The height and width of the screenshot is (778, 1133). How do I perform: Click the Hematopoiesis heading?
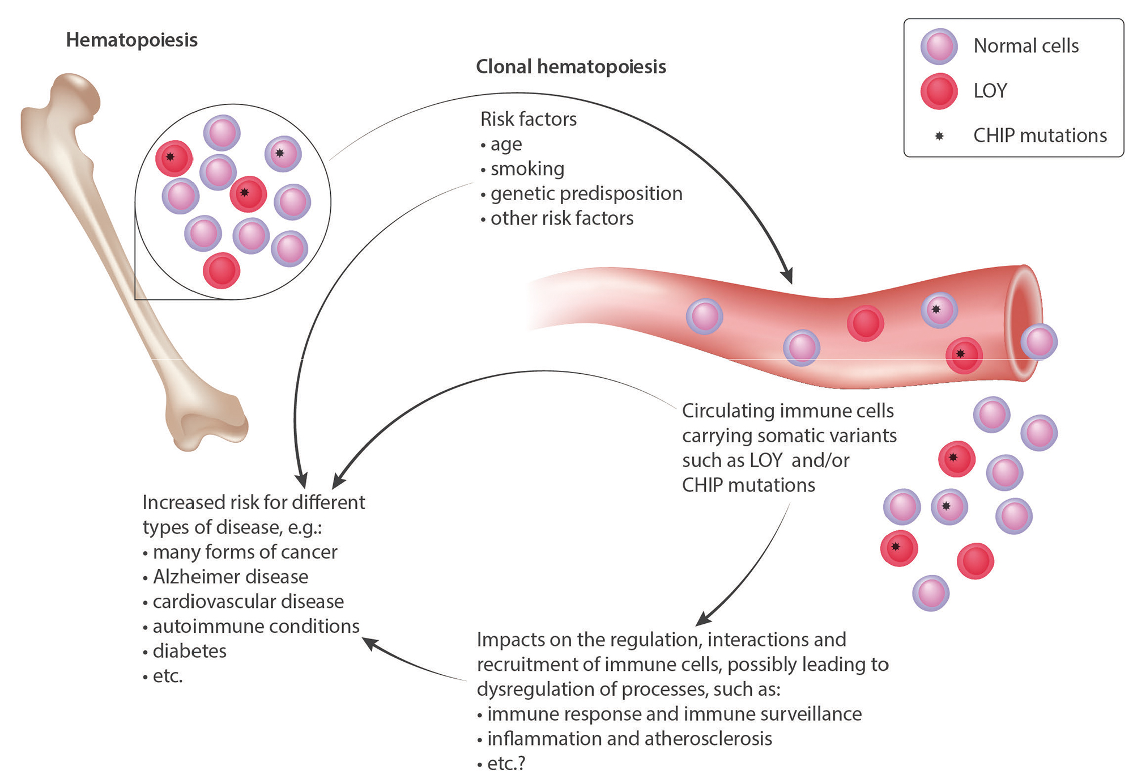coord(131,40)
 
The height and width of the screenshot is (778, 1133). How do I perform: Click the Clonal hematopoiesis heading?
coord(570,67)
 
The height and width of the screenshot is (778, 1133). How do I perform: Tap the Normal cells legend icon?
coord(939,46)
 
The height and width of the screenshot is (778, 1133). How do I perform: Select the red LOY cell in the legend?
coord(939,91)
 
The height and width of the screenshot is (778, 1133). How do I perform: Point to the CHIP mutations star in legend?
coord(939,136)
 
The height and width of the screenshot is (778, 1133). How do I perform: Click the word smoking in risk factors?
coord(527,169)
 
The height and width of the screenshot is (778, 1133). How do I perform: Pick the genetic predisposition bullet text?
coord(586,194)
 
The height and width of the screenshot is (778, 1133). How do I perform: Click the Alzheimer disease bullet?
coord(231,577)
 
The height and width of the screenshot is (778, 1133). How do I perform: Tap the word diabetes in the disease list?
coord(189,651)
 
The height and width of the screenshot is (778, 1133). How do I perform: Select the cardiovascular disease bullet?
coord(248,602)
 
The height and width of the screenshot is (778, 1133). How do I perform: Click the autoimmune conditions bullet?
coord(256,626)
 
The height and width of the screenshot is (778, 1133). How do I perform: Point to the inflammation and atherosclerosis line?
coord(629,739)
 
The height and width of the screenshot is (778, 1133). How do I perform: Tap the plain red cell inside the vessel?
coord(865,323)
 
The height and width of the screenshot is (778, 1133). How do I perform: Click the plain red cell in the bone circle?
coord(222,270)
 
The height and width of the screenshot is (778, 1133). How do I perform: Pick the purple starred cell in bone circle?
coord(283,154)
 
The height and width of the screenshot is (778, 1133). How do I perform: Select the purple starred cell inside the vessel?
coord(939,310)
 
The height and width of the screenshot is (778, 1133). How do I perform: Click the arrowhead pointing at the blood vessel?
coord(786,276)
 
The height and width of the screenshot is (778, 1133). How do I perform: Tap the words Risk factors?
coord(528,119)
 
